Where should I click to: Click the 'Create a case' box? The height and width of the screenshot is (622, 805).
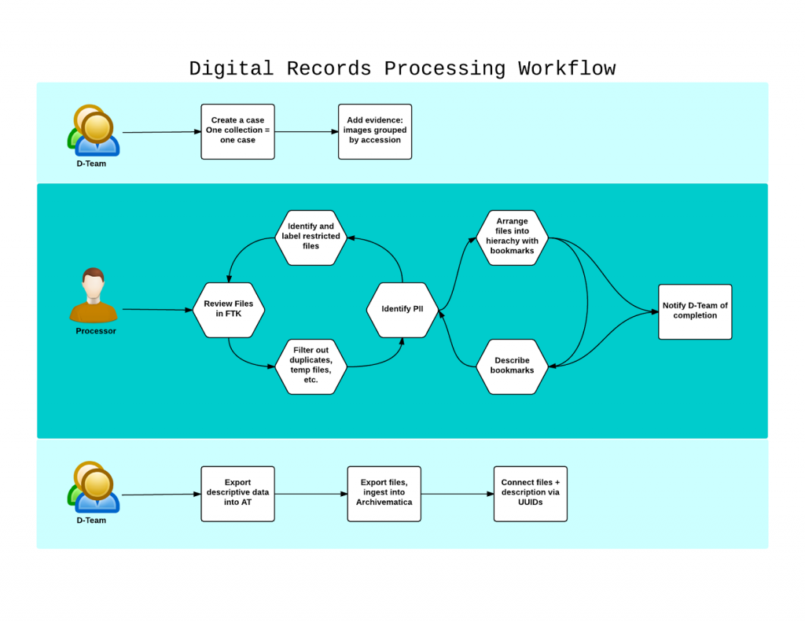tap(237, 131)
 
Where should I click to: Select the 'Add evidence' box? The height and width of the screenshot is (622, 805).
tap(375, 131)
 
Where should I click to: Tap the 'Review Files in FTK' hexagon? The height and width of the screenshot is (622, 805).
tap(229, 310)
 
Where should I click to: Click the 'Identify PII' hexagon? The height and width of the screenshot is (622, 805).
tap(402, 310)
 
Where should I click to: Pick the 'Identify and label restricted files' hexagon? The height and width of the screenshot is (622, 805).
tap(311, 237)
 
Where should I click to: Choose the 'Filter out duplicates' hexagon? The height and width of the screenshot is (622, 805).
tap(311, 366)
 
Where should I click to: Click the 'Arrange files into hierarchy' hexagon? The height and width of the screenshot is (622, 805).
tap(512, 237)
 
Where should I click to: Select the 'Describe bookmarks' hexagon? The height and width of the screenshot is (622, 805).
tap(512, 366)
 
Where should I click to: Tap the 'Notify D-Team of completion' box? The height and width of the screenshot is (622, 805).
tap(695, 311)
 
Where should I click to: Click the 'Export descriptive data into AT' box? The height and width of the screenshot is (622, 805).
tap(237, 493)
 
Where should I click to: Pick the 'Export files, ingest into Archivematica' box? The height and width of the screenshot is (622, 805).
tap(384, 493)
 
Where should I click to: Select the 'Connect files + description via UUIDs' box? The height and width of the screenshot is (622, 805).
tap(531, 493)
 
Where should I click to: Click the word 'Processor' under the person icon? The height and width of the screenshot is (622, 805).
tap(96, 331)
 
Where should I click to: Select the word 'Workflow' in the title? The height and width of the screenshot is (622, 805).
tap(567, 68)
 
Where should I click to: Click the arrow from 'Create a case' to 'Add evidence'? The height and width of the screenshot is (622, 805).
tap(307, 131)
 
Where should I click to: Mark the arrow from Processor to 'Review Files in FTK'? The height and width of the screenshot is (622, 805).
tap(157, 310)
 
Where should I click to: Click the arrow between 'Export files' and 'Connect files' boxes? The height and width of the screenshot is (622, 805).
tap(457, 494)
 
